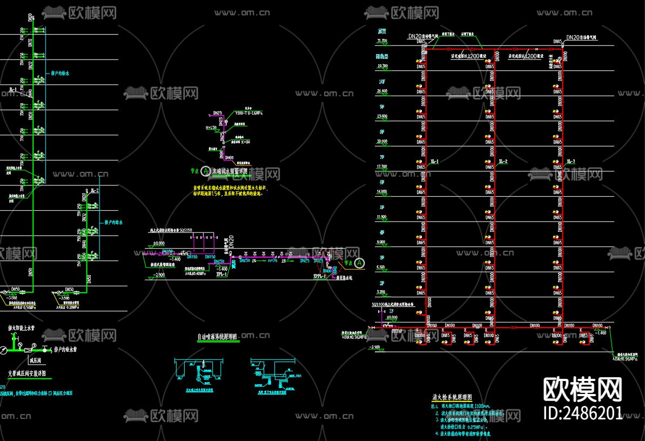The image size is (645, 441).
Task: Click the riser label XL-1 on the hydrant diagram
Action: (x=434, y=162)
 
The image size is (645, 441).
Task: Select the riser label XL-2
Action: (x=503, y=162)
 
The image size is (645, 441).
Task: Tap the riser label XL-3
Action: (x=571, y=162)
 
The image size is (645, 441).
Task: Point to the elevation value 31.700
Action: (x=382, y=41)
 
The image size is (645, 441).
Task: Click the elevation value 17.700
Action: (x=382, y=166)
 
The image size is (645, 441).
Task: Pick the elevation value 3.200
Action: (x=381, y=292)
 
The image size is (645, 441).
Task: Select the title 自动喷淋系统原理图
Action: (x=217, y=337)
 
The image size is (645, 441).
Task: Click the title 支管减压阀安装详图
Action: (x=26, y=373)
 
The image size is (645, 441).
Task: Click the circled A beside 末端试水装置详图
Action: (x=205, y=171)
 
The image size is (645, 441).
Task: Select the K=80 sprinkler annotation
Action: (x=245, y=141)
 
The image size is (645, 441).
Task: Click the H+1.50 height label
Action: (x=211, y=128)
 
